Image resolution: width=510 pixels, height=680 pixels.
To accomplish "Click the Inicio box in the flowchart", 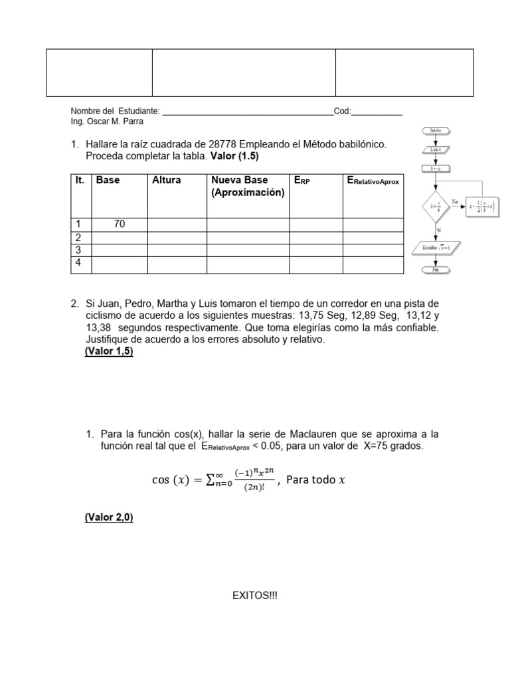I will (436, 131).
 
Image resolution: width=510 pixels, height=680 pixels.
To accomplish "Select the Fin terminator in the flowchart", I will (436, 270).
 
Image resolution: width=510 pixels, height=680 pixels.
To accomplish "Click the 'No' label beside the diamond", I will (456, 201).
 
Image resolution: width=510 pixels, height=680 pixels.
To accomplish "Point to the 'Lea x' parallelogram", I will (436, 150).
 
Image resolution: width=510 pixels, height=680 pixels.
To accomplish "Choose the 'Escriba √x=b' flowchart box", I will (436, 248).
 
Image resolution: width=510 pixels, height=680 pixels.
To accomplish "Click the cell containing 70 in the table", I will (120, 224).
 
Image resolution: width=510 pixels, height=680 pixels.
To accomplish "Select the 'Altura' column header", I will (166, 180).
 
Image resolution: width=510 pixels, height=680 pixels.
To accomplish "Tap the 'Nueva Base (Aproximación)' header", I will (248, 187).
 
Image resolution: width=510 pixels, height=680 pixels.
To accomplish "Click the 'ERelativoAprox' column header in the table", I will (373, 181).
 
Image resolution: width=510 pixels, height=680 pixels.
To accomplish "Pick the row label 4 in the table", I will (78, 262).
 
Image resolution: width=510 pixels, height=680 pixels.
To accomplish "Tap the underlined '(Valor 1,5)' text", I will (109, 352).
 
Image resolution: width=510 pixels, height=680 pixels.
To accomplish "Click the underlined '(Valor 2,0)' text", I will (109, 518).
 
